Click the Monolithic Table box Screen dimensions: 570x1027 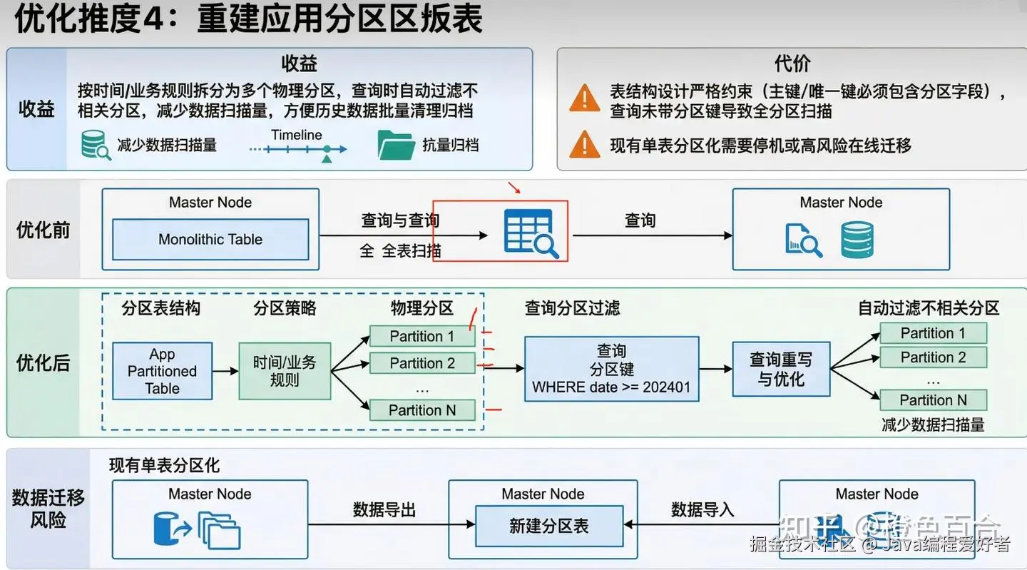[210, 240]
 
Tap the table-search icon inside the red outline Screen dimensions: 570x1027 [531, 233]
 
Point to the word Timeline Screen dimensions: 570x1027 [296, 135]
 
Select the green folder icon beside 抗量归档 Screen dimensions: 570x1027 [396, 146]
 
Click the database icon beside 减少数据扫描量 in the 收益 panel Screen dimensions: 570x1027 [95, 145]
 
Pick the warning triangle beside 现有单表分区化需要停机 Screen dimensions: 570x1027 [584, 145]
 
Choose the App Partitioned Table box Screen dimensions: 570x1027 [163, 371]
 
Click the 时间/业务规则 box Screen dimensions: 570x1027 [285, 371]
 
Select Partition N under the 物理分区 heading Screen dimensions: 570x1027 [422, 410]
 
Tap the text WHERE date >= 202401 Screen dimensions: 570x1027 [611, 388]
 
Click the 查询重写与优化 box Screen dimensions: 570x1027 [781, 369]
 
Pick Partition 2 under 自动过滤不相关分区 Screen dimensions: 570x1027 [933, 357]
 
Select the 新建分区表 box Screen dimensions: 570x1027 [548, 526]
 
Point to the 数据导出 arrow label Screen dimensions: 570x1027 [384, 510]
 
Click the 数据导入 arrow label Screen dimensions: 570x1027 [702, 510]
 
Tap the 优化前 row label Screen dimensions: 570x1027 [44, 230]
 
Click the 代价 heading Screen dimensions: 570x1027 [792, 63]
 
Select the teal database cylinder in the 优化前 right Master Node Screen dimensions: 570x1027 [857, 240]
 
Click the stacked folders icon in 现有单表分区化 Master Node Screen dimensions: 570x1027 [220, 530]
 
